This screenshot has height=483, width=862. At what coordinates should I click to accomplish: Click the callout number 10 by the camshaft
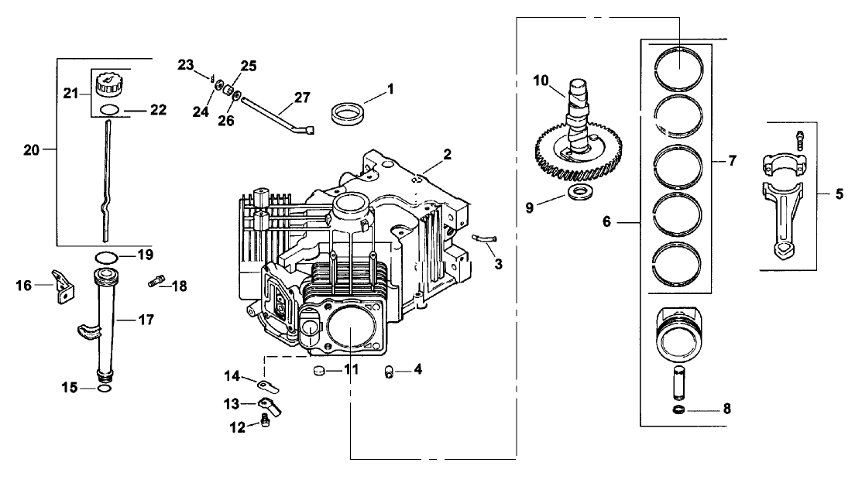pos(541,80)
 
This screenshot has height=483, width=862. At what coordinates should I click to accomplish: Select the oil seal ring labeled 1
pos(345,114)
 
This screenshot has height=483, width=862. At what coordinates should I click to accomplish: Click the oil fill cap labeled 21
pos(108,82)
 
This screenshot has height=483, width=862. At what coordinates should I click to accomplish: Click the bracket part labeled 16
pos(61,287)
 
